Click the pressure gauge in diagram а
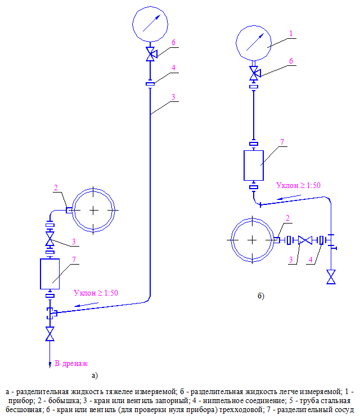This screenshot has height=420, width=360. (x=151, y=25)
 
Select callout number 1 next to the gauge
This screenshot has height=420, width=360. (x=291, y=33)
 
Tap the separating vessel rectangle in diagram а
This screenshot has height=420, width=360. (x=51, y=274)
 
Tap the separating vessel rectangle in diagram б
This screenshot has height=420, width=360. (x=254, y=165)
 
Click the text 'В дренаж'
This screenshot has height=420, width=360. (x=71, y=363)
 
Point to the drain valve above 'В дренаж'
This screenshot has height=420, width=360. (x=51, y=336)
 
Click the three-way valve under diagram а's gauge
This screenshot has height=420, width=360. (x=151, y=55)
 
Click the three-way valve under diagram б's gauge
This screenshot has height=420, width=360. (x=254, y=73)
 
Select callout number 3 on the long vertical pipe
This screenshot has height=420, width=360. (x=174, y=97)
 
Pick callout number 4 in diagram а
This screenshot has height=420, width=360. (x=174, y=68)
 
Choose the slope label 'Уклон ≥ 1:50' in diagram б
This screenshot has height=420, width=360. (x=299, y=185)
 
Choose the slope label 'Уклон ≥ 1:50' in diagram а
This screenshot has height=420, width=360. (x=96, y=293)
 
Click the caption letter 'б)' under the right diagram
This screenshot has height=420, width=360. (x=261, y=295)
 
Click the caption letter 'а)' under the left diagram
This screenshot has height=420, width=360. (x=94, y=374)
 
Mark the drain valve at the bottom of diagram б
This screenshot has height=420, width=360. (x=331, y=277)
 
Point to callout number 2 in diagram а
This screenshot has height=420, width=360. (x=56, y=187)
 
